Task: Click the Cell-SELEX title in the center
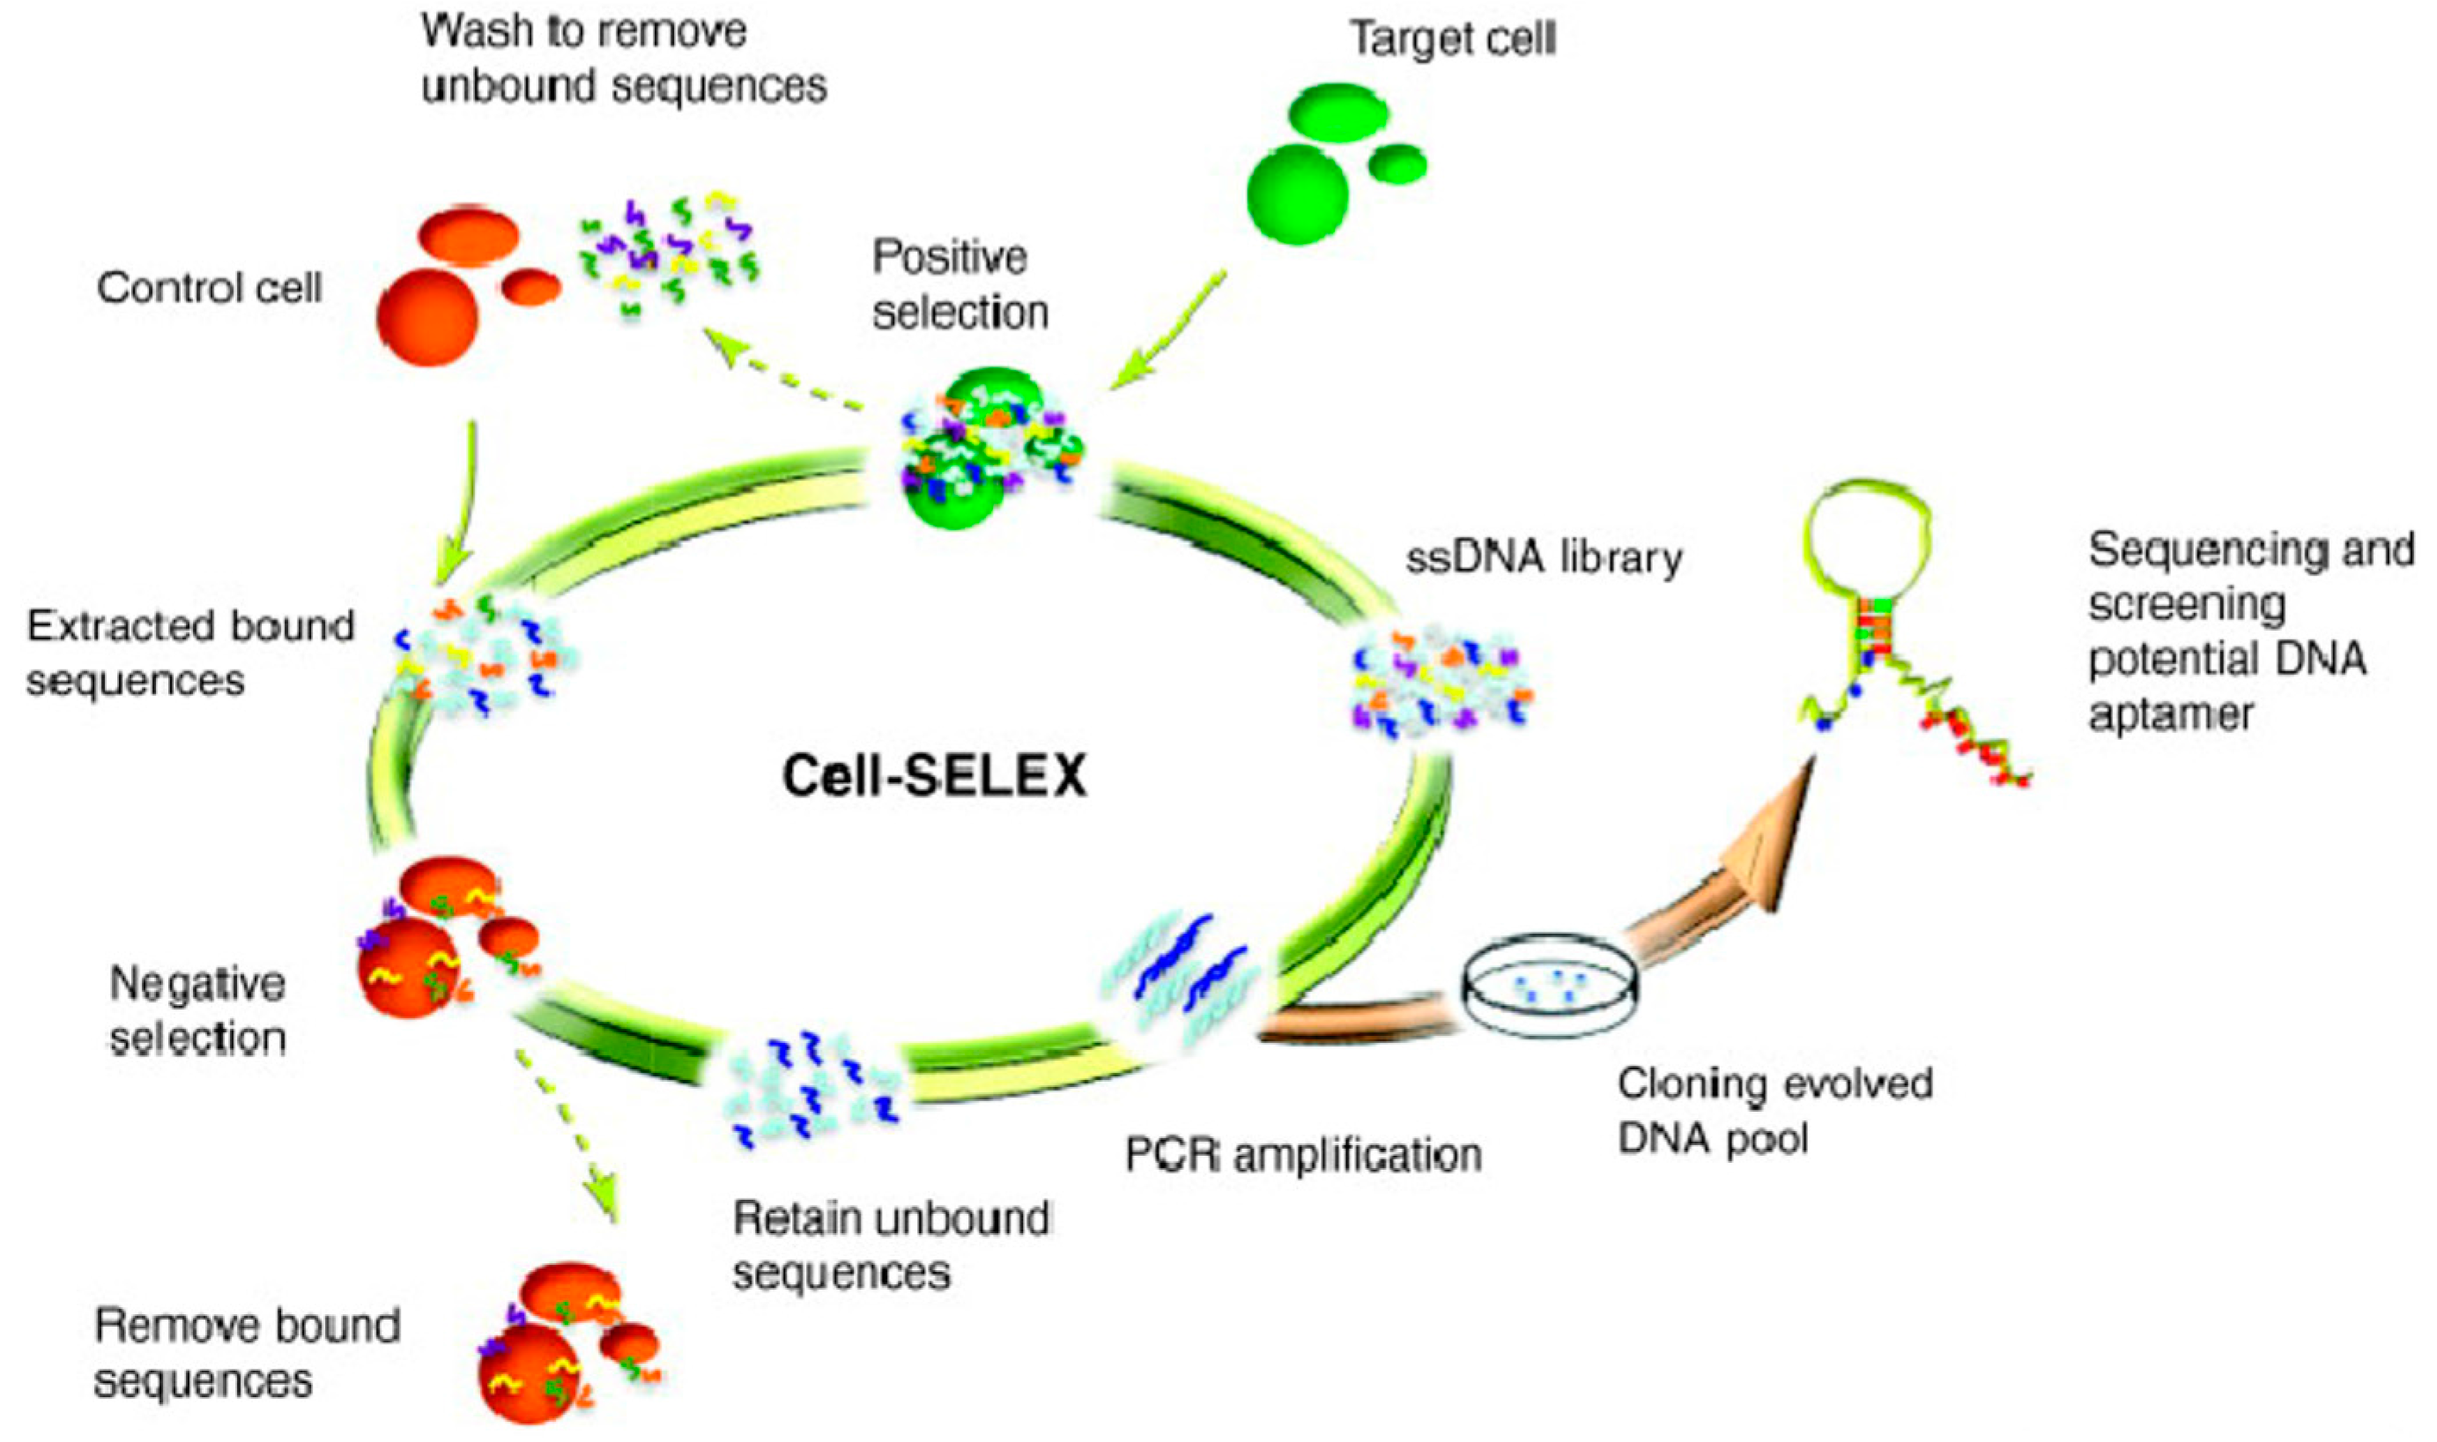pos(934,776)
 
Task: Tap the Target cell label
pos(1453,39)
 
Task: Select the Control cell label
pos(209,288)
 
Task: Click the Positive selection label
pos(959,285)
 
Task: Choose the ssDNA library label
pos(1544,558)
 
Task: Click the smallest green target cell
pos(1397,163)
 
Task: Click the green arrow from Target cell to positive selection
pos(1166,332)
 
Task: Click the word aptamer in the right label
pos(2171,715)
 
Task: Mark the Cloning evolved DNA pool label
pos(1774,1111)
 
